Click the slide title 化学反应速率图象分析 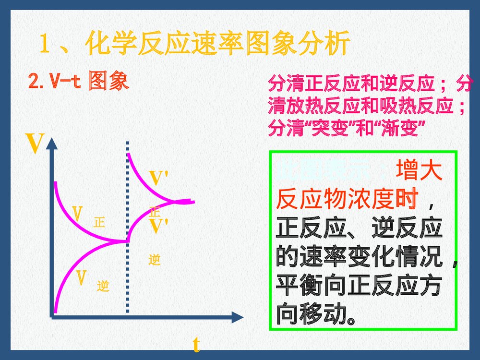(x=216, y=45)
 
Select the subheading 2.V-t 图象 (x=79, y=82)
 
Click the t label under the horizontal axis (x=196, y=345)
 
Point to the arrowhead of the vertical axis (x=51, y=143)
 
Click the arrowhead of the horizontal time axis (x=237, y=317)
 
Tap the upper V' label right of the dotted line (x=158, y=178)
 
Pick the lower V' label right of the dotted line (x=158, y=227)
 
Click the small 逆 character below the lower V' (x=154, y=260)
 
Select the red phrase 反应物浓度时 (x=348, y=198)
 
